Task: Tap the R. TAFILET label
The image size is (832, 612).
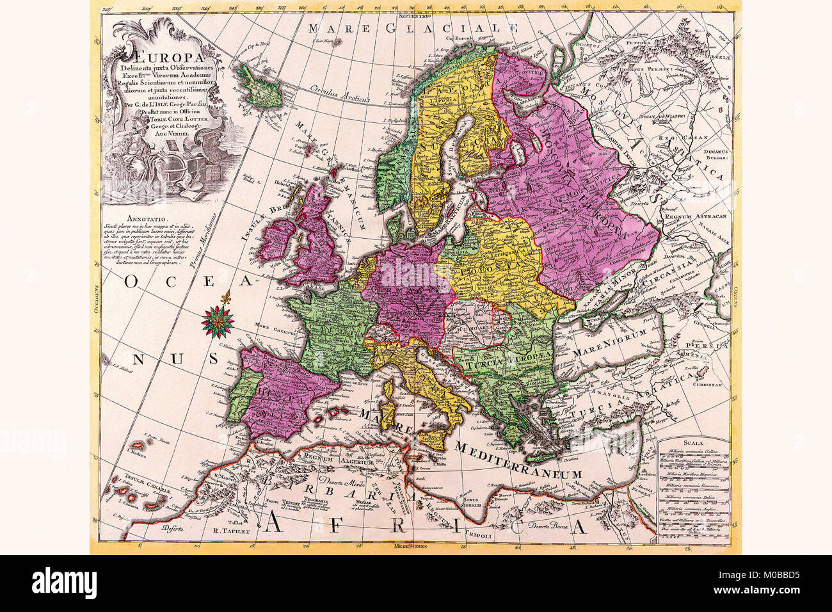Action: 228,531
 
